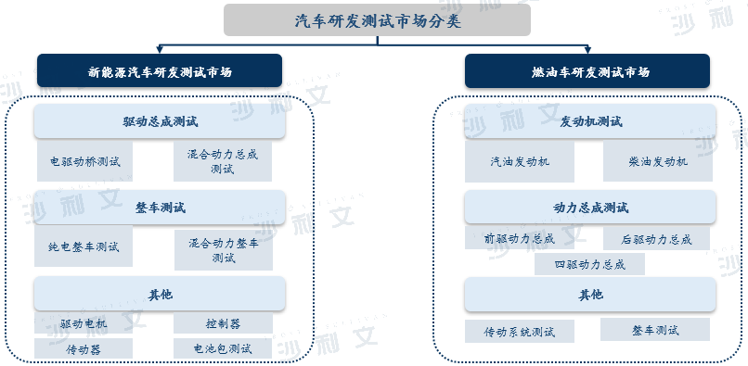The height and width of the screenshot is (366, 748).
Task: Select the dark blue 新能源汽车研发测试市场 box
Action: (x=160, y=70)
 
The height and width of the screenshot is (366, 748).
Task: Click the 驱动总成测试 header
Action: (x=160, y=121)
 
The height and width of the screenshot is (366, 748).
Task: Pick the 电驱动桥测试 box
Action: (x=84, y=161)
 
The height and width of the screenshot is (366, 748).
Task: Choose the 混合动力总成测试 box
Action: (x=223, y=161)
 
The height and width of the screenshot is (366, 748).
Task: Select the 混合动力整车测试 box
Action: (x=223, y=248)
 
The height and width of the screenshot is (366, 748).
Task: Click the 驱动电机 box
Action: (x=84, y=323)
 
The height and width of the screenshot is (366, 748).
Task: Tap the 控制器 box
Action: (x=223, y=323)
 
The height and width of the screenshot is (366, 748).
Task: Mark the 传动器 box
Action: (x=84, y=349)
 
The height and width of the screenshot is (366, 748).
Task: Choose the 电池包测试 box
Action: (x=223, y=349)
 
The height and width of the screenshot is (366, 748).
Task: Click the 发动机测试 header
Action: (x=590, y=121)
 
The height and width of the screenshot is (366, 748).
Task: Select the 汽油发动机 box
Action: (x=520, y=161)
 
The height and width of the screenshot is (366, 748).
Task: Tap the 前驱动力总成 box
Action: (x=520, y=238)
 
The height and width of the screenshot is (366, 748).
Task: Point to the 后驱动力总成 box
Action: (x=656, y=238)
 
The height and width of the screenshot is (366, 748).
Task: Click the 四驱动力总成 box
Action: (x=589, y=264)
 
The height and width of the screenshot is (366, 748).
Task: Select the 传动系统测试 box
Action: (x=520, y=331)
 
